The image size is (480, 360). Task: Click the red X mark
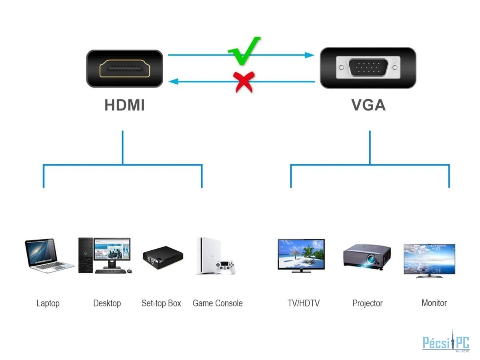244,82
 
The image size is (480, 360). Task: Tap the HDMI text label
124,105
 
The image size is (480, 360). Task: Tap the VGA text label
368,105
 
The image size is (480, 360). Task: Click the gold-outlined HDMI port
124,69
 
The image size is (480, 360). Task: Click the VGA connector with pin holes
368,68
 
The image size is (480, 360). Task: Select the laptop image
49,256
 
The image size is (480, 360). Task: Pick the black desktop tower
86,255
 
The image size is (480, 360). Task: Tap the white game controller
225,267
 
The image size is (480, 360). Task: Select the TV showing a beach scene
301,256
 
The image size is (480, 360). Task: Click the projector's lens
371,260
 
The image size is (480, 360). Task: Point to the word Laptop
48,303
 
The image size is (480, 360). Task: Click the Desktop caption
107,303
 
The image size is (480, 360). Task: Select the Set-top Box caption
161,303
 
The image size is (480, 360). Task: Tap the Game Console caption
217,303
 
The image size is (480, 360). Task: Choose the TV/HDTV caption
304,303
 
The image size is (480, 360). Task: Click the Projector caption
367,303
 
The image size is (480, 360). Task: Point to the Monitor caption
434,303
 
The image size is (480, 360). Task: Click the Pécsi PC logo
446,342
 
